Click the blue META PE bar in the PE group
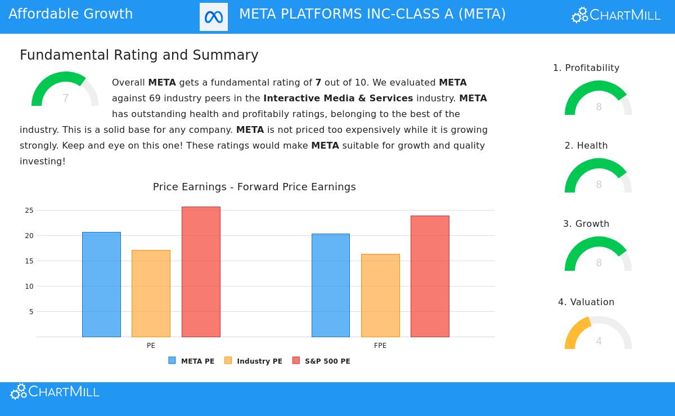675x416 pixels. pyautogui.click(x=101, y=284)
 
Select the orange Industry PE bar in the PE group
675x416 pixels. pyautogui.click(x=151, y=293)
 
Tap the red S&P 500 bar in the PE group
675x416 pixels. pyautogui.click(x=201, y=272)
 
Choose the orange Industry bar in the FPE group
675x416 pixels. pyautogui.click(x=380, y=296)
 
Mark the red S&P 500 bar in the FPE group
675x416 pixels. pyautogui.click(x=430, y=276)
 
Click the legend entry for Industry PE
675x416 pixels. pyautogui.click(x=254, y=361)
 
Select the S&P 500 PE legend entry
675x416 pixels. pyautogui.click(x=322, y=361)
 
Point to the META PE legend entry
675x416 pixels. pyautogui.click(x=192, y=361)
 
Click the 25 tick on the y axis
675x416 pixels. pyautogui.click(x=29, y=211)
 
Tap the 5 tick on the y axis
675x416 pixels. pyautogui.click(x=31, y=312)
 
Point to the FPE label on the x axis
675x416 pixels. pyautogui.click(x=380, y=346)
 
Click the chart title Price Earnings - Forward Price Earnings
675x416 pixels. pyautogui.click(x=254, y=187)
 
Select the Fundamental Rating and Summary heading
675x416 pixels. pyautogui.click(x=139, y=55)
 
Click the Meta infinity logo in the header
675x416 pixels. pyautogui.click(x=214, y=17)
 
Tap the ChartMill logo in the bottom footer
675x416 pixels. pyautogui.click(x=55, y=392)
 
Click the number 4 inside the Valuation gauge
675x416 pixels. pyautogui.click(x=598, y=341)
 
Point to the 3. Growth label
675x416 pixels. pyautogui.click(x=586, y=224)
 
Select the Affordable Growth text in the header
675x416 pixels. pyautogui.click(x=71, y=14)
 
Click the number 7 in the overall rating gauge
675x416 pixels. pyautogui.click(x=65, y=99)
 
